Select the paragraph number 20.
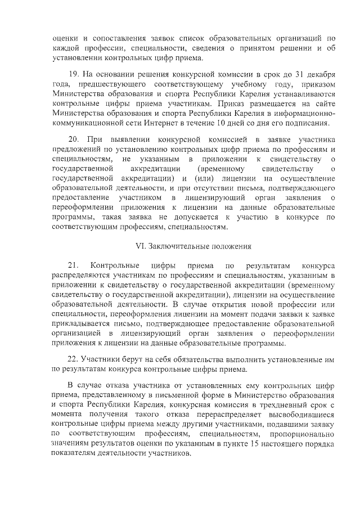point(73,138)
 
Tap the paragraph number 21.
point(73,265)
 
